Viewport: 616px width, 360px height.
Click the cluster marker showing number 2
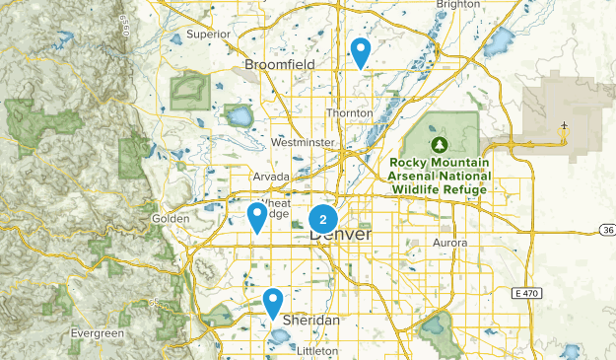pyautogui.click(x=323, y=219)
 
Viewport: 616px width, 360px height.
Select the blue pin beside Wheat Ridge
pyautogui.click(x=257, y=215)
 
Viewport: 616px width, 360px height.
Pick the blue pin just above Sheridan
pyautogui.click(x=273, y=301)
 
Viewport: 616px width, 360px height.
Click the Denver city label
pyautogui.click(x=341, y=236)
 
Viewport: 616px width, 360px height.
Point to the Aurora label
pyautogui.click(x=448, y=242)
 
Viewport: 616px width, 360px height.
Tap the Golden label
pyautogui.click(x=170, y=218)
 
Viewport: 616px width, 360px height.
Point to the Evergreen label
pyautogui.click(x=98, y=334)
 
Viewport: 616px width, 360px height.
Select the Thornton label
pyautogui.click(x=350, y=113)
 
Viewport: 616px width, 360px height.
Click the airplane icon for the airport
pyautogui.click(x=564, y=126)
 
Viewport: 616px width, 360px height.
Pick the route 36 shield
pyautogui.click(x=607, y=230)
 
